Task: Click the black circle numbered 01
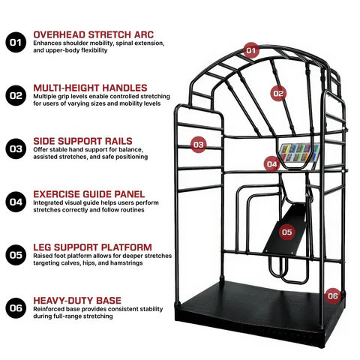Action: coord(16,42)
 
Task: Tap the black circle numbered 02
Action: coord(16,95)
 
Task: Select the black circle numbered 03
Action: coord(16,148)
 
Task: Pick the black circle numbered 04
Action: coord(16,202)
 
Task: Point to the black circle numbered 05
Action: coord(16,255)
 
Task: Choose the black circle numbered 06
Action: coord(16,308)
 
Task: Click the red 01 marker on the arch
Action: coord(251,50)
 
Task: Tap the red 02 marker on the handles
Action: coord(278,94)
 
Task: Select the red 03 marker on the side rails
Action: coord(199,145)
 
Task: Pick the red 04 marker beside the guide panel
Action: coord(271,164)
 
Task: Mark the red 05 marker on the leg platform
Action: coord(287,232)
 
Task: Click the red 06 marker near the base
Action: coord(333,296)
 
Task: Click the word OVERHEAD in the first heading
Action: coord(59,34)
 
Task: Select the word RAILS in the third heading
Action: coord(118,141)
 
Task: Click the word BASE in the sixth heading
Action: coord(109,301)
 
